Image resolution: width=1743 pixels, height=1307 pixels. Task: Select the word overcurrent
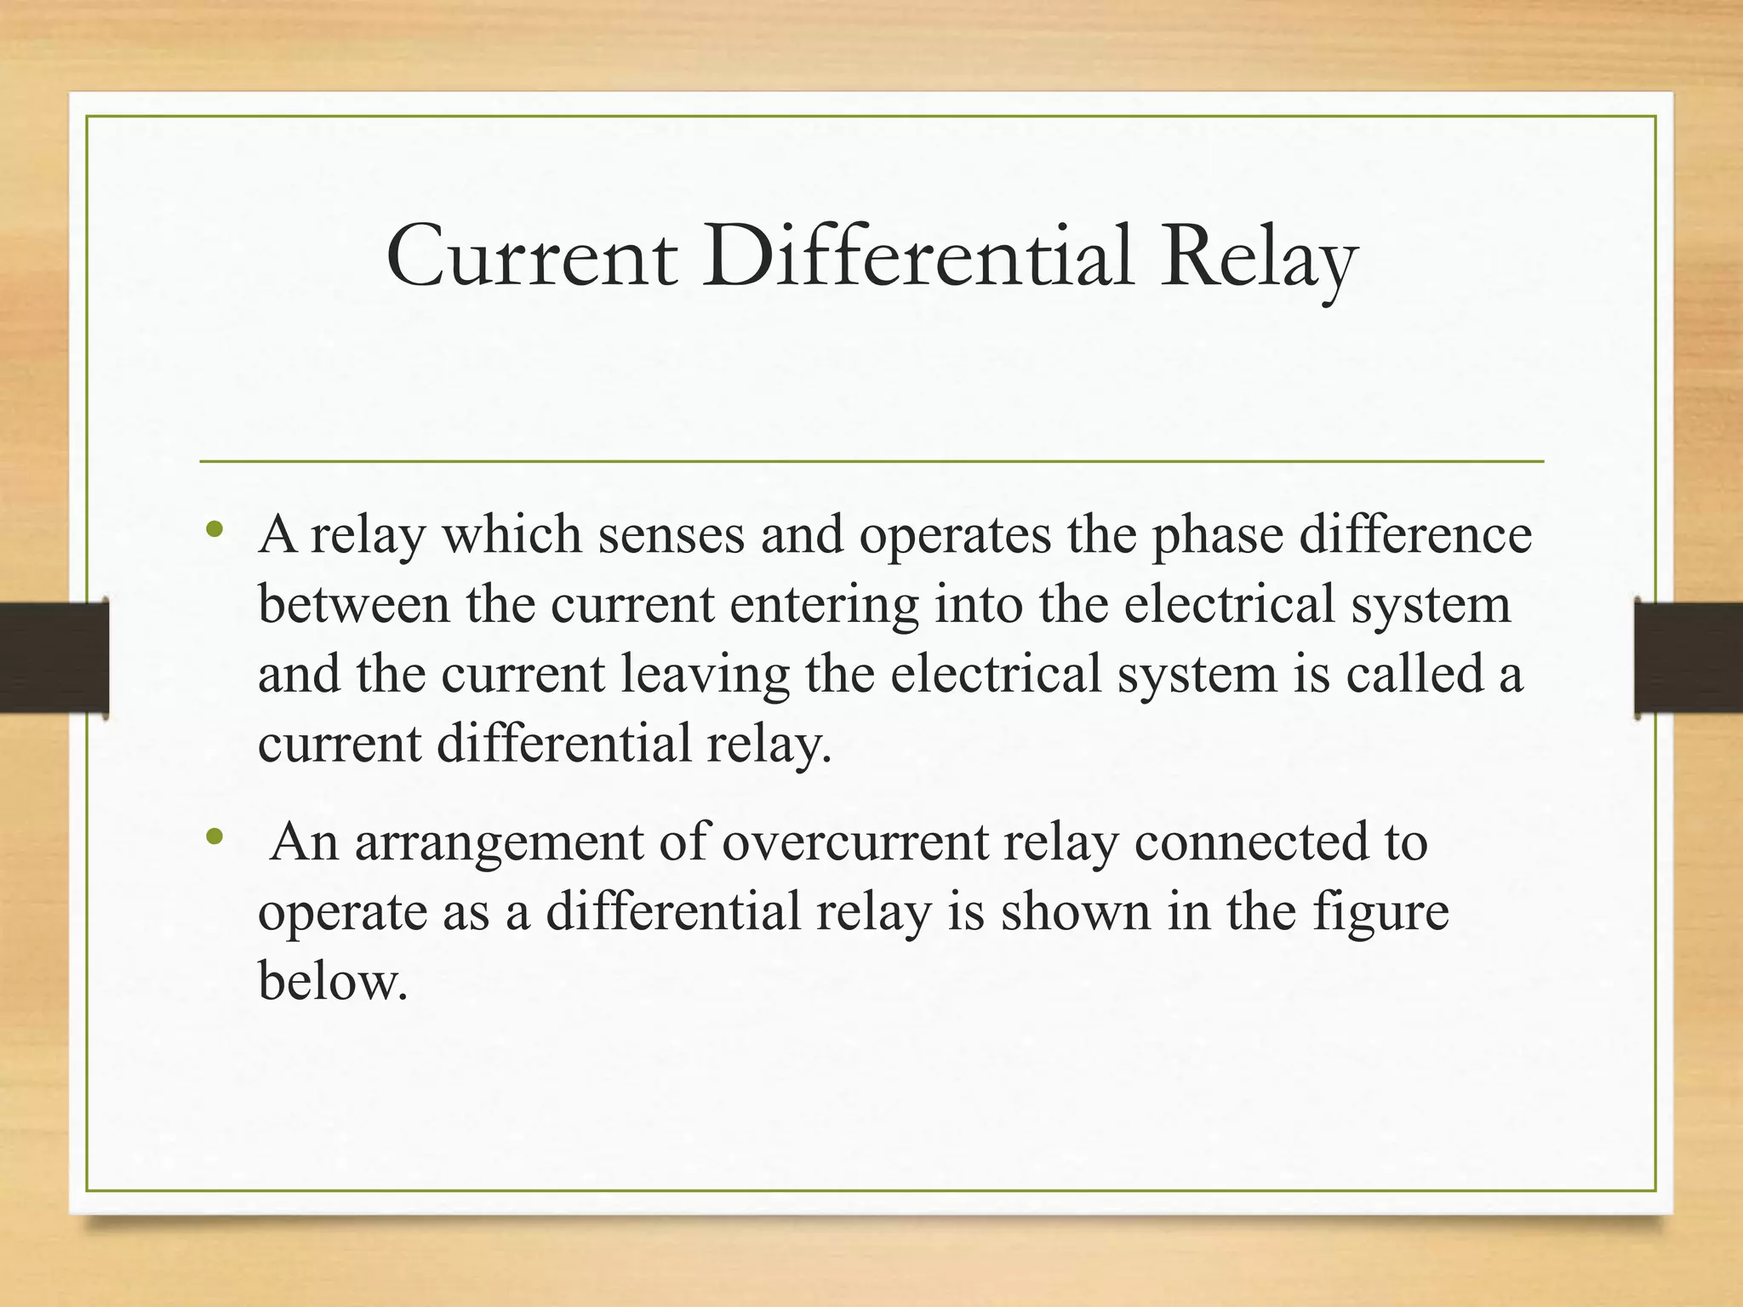(x=854, y=842)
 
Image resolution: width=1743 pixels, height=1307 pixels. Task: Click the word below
(x=333, y=981)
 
